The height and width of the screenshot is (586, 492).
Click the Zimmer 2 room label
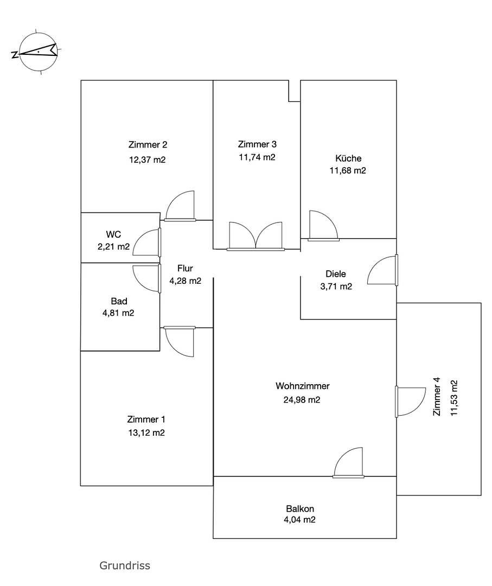coord(148,145)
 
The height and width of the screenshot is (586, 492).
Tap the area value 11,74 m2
coord(257,157)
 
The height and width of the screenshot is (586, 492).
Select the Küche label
coord(348,158)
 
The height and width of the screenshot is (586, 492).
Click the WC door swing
coord(146,243)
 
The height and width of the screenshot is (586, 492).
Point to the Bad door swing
coord(146,278)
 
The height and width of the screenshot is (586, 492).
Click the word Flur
coord(185,269)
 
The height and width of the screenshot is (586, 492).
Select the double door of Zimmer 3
coord(255,236)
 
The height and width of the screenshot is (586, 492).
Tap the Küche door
coord(323,225)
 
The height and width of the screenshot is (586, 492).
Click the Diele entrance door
coord(382,270)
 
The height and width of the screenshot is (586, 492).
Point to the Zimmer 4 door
coord(411,402)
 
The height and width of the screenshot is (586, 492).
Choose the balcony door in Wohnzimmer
coord(348,463)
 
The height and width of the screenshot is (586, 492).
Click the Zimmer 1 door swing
coord(180,341)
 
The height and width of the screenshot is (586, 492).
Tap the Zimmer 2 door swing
coord(180,206)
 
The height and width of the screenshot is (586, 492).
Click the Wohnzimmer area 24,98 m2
coord(302,400)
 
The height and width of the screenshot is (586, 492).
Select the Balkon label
coord(300,508)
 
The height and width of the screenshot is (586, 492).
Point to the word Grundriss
coord(125,565)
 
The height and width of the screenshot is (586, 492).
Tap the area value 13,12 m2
coord(146,433)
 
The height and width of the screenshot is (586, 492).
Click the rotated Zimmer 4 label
coord(437,396)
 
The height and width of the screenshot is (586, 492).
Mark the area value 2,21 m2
coord(113,247)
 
